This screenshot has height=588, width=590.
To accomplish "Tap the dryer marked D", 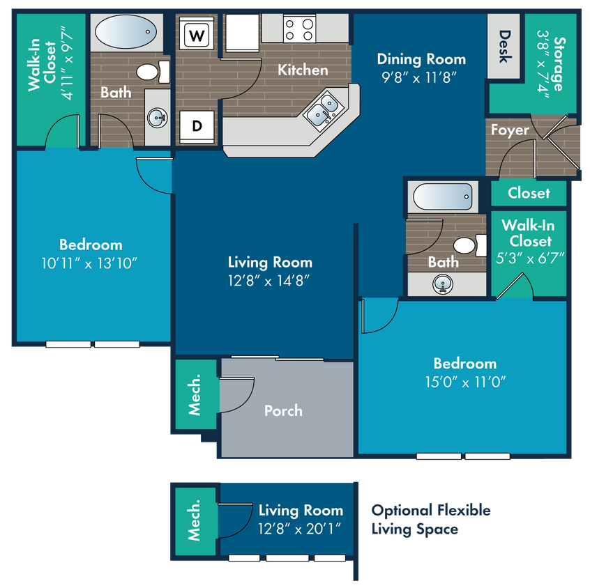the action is point(197,126).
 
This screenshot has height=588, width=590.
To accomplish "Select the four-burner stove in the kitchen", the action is point(299,29).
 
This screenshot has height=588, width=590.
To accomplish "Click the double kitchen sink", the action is point(323,110).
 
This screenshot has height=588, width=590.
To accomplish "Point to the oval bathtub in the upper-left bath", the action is point(126,32).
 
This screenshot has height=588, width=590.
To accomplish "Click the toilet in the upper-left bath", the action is point(153,72).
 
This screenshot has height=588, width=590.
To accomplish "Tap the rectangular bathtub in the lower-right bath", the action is point(442,196).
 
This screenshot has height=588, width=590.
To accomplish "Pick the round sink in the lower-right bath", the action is point(443,284).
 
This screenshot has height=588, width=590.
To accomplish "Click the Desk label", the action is point(504,46).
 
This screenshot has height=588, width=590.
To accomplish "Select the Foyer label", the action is point(510,130).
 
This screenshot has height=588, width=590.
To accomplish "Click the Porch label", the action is point(283,410).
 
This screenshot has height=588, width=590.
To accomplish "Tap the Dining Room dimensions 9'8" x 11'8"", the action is point(419,78).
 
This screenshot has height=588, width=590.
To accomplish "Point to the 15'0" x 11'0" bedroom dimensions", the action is point(465,382).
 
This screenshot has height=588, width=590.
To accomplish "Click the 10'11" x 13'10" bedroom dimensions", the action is point(89,263).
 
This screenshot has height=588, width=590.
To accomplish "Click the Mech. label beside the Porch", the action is point(194,395).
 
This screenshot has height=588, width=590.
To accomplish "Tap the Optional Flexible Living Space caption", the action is point(431,520).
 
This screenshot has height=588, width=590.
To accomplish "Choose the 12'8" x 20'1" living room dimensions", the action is point(299,529).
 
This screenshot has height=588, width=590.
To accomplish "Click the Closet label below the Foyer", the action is point(529,193).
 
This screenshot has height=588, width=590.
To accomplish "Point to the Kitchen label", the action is point(303,70).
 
